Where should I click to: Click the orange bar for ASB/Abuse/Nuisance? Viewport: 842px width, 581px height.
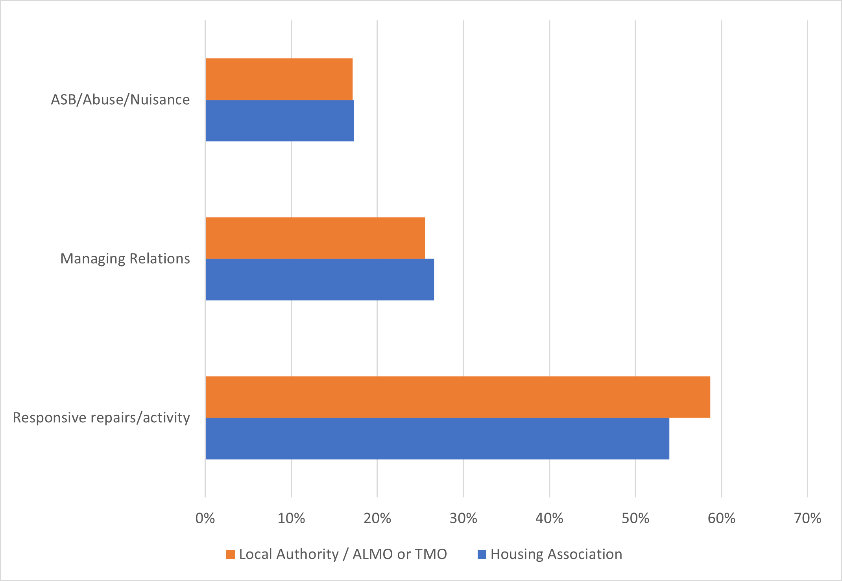[279, 79]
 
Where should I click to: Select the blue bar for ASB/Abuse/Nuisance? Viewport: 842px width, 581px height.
[279, 120]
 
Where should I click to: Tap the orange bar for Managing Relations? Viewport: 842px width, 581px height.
[315, 238]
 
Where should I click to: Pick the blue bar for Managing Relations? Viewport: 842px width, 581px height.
[319, 279]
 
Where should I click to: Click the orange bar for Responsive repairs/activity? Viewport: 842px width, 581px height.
[458, 397]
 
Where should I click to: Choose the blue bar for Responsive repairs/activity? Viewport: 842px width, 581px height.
[437, 439]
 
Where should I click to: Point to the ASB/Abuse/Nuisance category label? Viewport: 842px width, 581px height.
[120, 100]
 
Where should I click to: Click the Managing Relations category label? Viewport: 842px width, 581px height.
[125, 259]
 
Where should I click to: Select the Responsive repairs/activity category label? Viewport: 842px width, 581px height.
[102, 418]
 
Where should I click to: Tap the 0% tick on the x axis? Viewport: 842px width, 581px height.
[205, 518]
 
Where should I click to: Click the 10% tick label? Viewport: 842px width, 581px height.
[291, 518]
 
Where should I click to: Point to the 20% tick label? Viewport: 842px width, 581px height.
[377, 518]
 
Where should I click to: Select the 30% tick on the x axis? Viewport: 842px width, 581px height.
[463, 518]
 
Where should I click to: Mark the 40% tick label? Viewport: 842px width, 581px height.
[549, 518]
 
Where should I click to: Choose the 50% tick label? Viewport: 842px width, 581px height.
[635, 518]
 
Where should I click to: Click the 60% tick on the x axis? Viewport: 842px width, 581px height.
[722, 518]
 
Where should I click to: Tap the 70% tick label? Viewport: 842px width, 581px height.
[807, 518]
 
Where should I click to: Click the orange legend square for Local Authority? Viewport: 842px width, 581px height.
[231, 555]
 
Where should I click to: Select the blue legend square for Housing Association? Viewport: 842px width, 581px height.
[482, 555]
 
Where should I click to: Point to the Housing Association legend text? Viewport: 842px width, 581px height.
[556, 555]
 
